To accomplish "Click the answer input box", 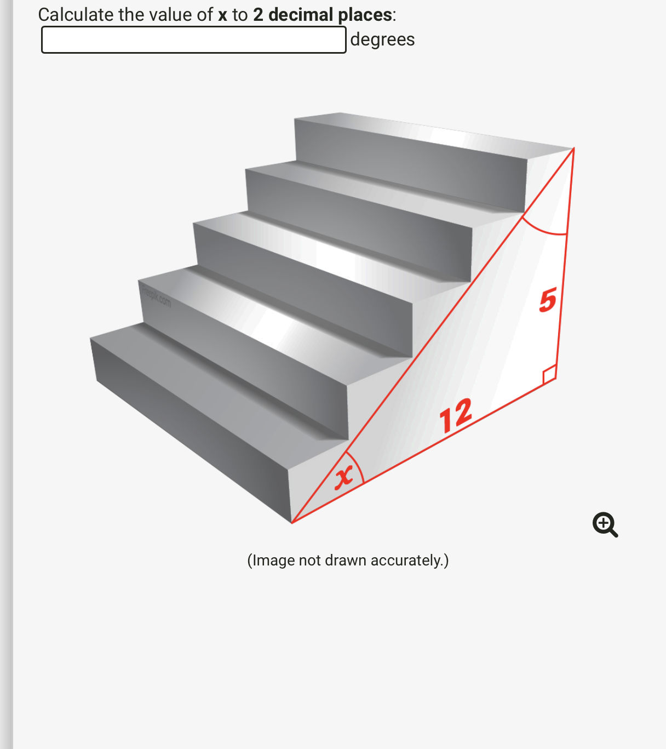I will click(x=193, y=40).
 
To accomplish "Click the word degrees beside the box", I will click(x=382, y=39).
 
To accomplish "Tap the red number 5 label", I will click(x=547, y=301).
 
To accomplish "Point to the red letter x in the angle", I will click(x=343, y=477).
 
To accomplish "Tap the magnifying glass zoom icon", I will click(x=605, y=525).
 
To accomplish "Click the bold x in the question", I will click(x=222, y=15).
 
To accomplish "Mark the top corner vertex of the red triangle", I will click(x=573, y=148).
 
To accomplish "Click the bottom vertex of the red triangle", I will click(x=292, y=523).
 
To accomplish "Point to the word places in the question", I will click(x=364, y=15).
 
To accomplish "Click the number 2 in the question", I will click(x=258, y=15).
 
